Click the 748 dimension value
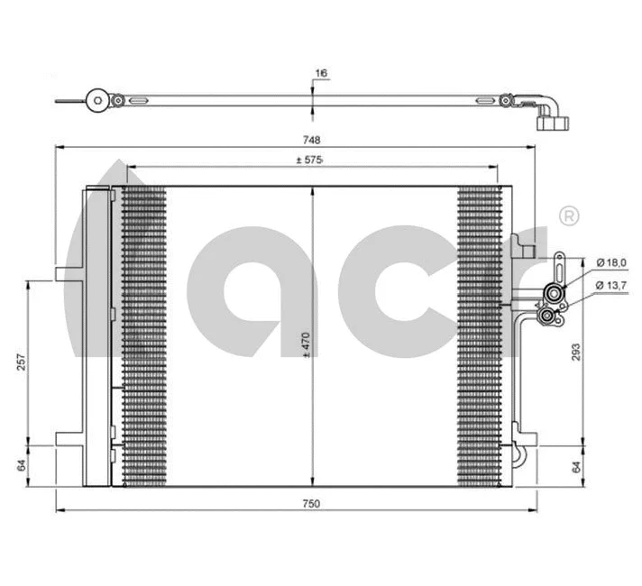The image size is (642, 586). click(311, 140)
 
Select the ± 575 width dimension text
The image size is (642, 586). click(310, 160)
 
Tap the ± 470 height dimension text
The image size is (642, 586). click(306, 345)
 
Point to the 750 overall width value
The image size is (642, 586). click(311, 503)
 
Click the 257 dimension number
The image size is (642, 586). click(21, 362)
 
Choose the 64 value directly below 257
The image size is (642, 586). click(21, 466)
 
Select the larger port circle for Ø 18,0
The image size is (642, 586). click(553, 292)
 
